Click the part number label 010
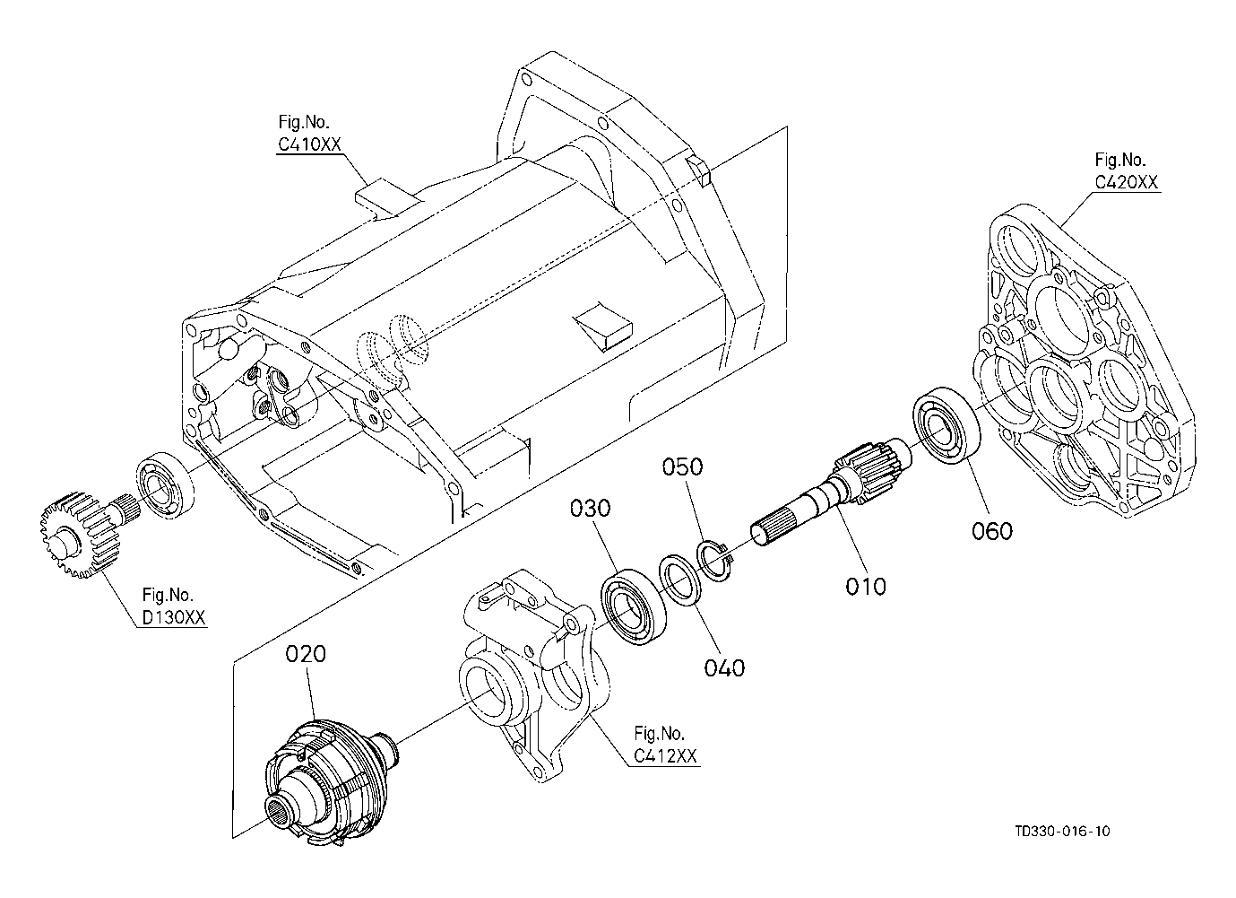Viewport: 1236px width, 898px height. (x=865, y=586)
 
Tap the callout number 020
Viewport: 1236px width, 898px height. (x=305, y=654)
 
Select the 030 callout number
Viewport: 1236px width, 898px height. (x=590, y=508)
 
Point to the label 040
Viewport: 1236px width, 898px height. (x=724, y=668)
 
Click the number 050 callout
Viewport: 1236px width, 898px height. (x=683, y=467)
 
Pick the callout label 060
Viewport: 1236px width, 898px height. (x=992, y=531)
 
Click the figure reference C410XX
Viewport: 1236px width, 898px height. (x=309, y=144)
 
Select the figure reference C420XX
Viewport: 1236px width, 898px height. (x=1126, y=182)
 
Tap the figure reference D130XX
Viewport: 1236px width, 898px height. (x=174, y=617)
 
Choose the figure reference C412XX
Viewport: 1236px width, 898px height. (x=665, y=756)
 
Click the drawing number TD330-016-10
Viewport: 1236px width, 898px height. (x=1062, y=847)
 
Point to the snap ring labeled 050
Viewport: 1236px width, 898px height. (x=714, y=561)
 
